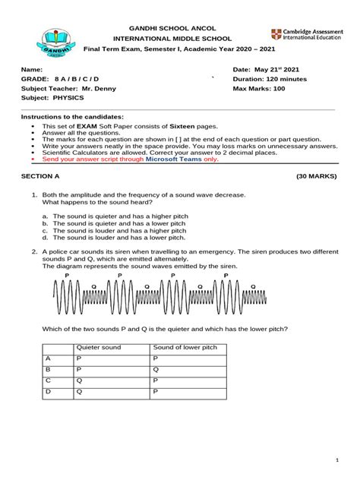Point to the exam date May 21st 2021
(262, 68)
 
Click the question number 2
(34, 250)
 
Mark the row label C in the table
(49, 380)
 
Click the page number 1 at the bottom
(335, 462)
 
